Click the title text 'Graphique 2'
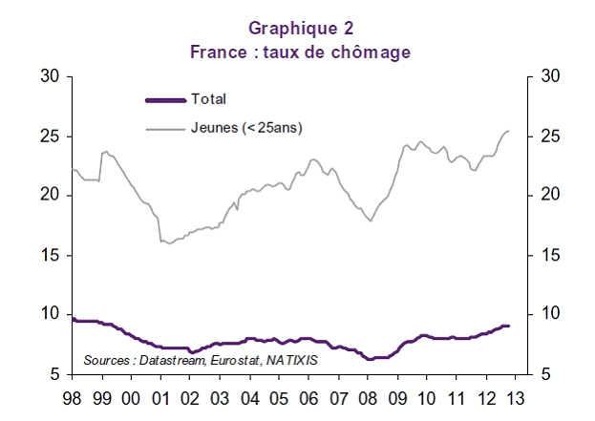(299, 29)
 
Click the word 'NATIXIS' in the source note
(291, 360)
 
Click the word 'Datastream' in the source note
(169, 360)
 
